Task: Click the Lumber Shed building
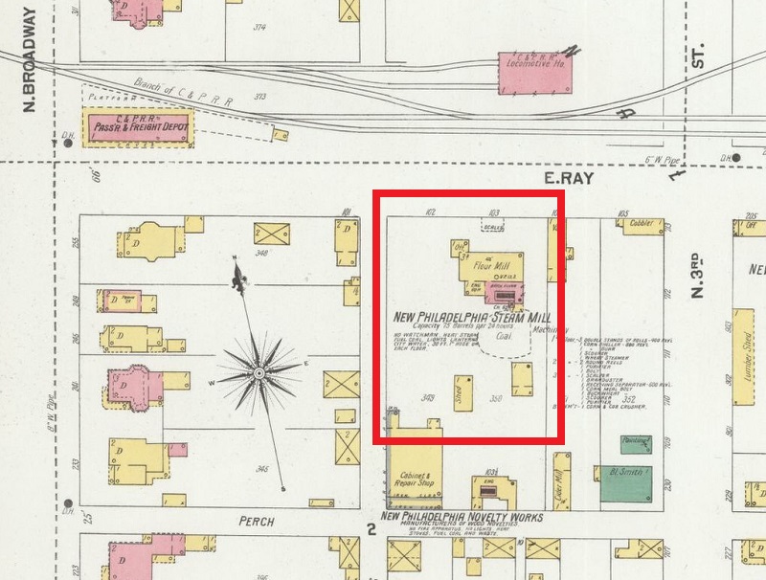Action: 740,345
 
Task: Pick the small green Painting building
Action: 633,442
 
